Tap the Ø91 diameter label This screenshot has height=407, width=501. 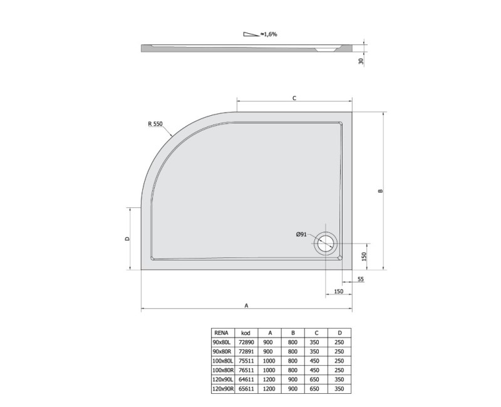point(301,234)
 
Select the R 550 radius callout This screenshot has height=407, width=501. point(155,124)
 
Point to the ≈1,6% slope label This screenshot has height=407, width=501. point(269,34)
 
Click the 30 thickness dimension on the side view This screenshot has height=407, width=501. point(361,61)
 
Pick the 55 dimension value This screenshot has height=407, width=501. point(361,279)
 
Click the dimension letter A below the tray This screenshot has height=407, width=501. point(246,306)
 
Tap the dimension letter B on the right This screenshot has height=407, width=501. point(380,191)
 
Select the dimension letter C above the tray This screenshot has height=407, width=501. point(294,98)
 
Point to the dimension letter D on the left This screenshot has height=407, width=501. point(127,239)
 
